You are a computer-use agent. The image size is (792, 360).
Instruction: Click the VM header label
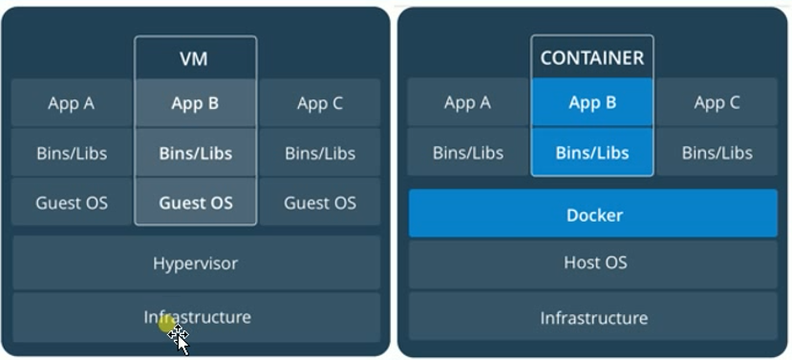[x=195, y=58]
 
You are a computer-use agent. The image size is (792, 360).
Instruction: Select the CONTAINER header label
[x=592, y=58]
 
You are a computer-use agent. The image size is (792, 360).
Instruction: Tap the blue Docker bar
[x=593, y=215]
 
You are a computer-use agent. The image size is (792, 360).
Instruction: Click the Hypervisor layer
[x=195, y=263]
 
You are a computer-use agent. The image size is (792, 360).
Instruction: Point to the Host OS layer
[x=593, y=263]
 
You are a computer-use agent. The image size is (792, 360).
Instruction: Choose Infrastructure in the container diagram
[x=593, y=318]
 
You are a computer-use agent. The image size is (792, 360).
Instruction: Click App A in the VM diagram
[x=71, y=103]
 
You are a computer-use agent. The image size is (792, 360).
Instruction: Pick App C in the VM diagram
[x=320, y=103]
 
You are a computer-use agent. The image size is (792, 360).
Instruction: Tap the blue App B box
[x=592, y=103]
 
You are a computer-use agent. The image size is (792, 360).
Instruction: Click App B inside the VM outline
[x=195, y=103]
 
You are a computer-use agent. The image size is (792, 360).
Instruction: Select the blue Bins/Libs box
[x=592, y=153]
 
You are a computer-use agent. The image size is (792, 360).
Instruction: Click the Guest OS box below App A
[x=71, y=202]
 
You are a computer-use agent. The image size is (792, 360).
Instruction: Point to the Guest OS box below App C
[x=320, y=202]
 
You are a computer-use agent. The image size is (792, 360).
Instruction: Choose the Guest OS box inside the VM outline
[x=195, y=202]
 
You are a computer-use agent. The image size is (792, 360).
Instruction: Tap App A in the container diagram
[x=468, y=103]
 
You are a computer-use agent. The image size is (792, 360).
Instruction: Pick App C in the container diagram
[x=717, y=103]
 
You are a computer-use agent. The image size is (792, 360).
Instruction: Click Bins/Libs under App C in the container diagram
[x=717, y=153]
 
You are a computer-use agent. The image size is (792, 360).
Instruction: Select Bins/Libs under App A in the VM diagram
[x=71, y=153]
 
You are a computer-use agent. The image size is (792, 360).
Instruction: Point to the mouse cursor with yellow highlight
[x=174, y=332]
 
